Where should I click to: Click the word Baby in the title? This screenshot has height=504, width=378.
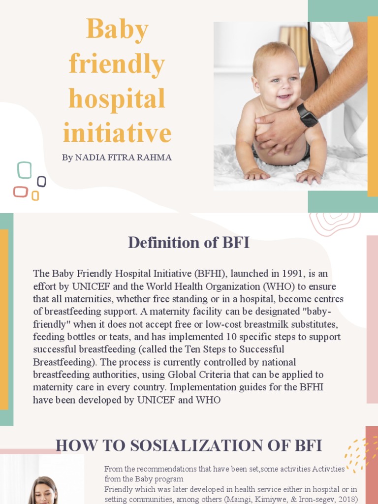tap(117, 30)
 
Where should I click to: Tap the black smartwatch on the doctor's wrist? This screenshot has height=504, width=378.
tap(307, 116)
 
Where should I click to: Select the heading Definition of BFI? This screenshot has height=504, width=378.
tap(189, 242)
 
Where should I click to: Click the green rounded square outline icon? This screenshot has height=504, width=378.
tap(25, 170)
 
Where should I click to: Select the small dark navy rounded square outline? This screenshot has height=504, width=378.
tap(41, 182)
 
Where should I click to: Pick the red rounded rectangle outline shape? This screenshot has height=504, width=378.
tap(21, 191)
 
